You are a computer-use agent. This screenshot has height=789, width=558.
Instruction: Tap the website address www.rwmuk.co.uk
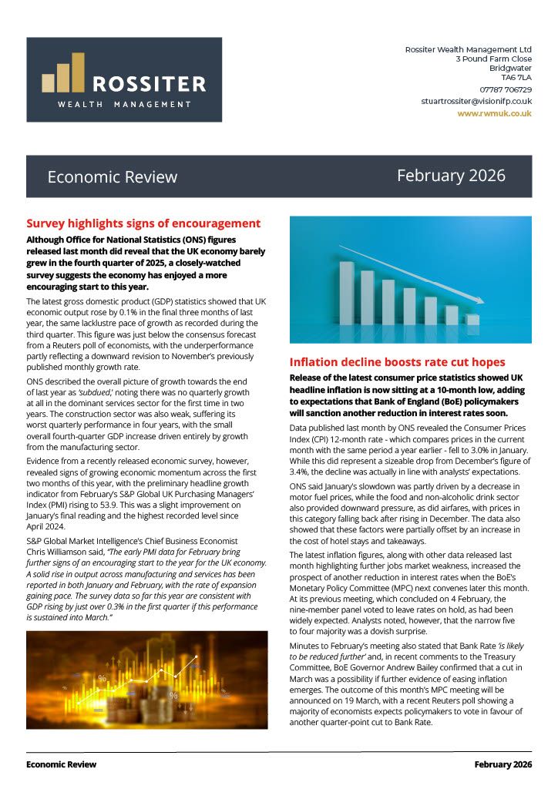coord(494,112)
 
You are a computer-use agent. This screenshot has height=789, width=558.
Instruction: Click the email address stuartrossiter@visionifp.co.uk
coord(476,101)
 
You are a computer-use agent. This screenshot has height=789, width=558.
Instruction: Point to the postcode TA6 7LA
coord(516,77)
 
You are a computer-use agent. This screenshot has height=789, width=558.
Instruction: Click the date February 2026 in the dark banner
coord(451,176)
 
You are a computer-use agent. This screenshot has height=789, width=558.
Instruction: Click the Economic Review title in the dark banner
coord(113,177)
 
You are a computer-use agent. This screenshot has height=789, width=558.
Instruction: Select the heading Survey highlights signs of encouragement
coord(143,223)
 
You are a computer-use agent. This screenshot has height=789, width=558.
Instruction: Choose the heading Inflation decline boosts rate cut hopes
coord(397,362)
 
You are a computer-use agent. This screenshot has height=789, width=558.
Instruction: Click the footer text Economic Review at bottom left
coord(62,764)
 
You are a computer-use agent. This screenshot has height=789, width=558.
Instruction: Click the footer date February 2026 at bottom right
coord(503,764)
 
